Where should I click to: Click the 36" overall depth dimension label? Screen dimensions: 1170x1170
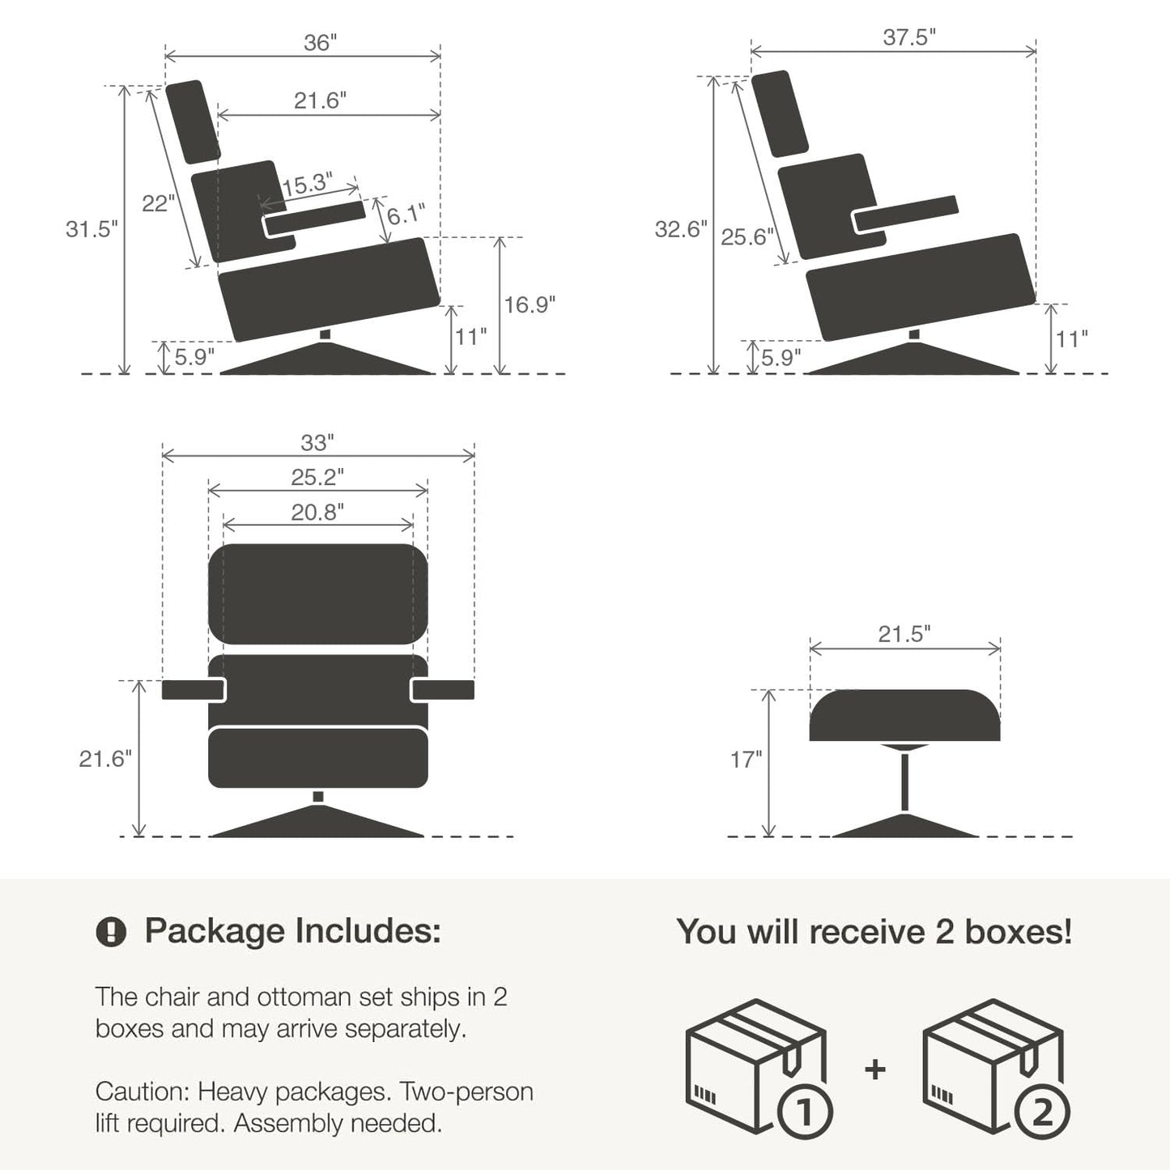320,42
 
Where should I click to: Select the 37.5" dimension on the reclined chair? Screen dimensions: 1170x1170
908,37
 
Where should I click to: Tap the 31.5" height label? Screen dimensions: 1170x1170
91,229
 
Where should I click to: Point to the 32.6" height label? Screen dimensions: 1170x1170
681,229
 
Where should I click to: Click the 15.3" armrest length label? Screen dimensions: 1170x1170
307,185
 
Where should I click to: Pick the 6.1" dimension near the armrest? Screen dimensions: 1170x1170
405,215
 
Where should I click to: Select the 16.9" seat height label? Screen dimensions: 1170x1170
530,304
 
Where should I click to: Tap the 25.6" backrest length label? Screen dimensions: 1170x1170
747,236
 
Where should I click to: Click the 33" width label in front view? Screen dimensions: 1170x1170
317,443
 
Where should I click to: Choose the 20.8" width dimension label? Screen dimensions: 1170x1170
317,512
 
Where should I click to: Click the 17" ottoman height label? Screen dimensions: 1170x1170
746,759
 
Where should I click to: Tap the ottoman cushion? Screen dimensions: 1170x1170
904,715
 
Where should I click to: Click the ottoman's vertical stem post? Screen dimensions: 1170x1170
904,781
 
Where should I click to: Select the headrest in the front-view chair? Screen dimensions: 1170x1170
317,594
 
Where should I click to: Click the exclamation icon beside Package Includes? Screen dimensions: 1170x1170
111,932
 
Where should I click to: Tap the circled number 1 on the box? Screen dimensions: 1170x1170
804,1113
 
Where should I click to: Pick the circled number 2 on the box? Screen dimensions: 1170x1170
1042,1113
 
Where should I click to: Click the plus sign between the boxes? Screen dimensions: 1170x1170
875,1069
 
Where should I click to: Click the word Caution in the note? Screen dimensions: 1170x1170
142,1091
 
